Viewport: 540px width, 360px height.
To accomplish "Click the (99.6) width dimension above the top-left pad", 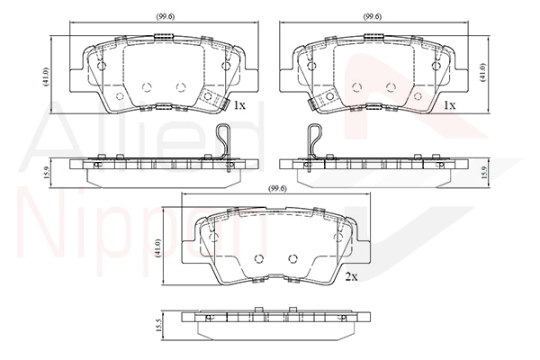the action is pyautogui.click(x=165, y=16).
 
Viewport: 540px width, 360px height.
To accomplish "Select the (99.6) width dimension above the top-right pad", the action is pyautogui.click(x=373, y=16).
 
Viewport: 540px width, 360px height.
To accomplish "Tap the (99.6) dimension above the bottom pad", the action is pyautogui.click(x=277, y=188).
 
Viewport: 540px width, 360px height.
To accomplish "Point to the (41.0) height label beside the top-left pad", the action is pyautogui.click(x=47, y=76).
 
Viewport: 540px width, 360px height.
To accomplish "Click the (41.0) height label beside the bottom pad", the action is pyautogui.click(x=158, y=247).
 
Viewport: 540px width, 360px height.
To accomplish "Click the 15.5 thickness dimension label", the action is pyautogui.click(x=158, y=325).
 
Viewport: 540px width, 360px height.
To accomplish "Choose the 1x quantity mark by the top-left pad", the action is pyautogui.click(x=239, y=105).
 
